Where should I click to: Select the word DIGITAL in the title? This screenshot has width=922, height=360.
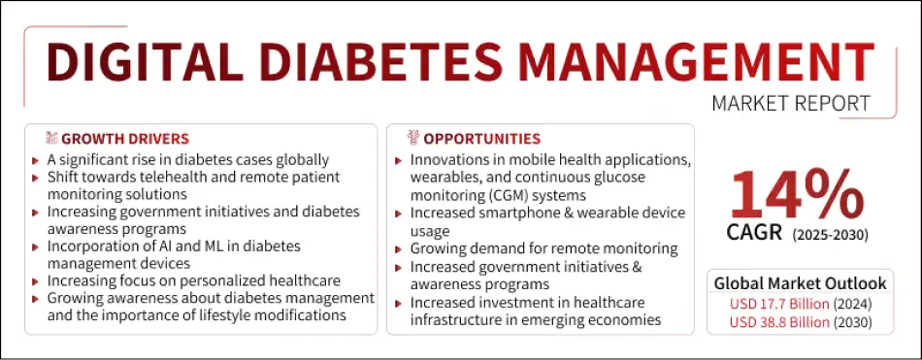137,62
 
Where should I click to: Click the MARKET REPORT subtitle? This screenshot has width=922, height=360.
791,103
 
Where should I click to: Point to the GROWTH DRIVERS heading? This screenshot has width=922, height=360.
125,139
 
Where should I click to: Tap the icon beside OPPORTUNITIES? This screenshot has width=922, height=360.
412,139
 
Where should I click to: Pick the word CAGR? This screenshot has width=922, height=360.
756,234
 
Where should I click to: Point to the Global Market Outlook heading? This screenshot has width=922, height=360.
800,283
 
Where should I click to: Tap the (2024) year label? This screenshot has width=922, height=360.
855,304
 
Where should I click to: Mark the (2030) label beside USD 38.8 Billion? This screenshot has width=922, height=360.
855,322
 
